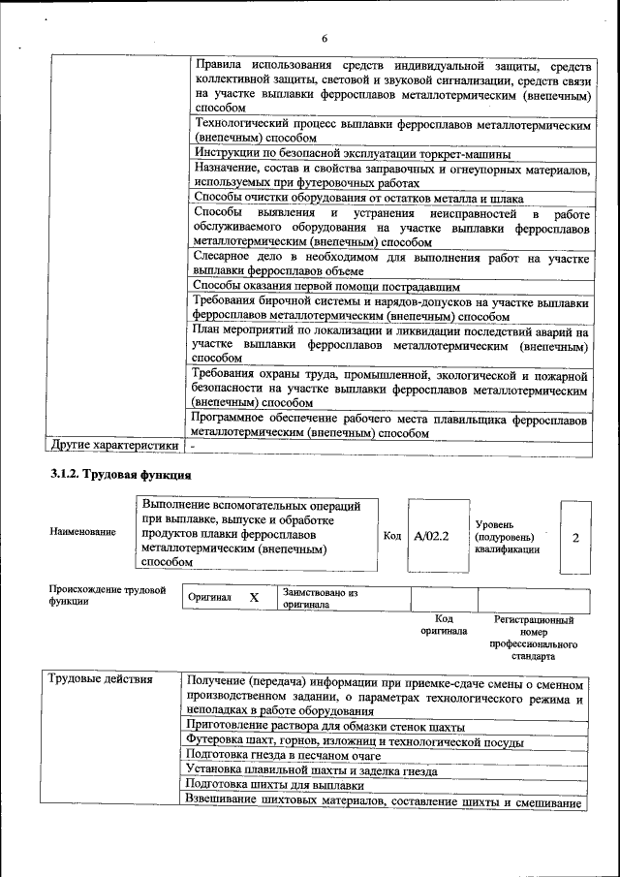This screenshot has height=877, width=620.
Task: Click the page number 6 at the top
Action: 325,38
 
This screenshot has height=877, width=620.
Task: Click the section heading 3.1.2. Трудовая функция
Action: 121,475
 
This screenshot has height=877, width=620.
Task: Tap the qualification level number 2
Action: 575,536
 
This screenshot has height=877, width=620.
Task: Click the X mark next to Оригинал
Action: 254,598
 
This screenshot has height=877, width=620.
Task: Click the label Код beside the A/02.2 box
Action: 392,535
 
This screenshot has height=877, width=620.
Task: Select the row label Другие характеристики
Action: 114,446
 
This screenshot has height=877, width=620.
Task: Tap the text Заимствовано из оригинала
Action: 320,598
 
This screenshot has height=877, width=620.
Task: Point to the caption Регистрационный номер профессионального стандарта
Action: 534,637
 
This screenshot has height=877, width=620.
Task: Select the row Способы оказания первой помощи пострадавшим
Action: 326,287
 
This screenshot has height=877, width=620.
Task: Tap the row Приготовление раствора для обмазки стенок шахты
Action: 325,726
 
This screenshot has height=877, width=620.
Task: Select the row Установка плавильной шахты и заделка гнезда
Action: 311,771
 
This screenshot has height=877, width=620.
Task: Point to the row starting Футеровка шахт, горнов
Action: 355,741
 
